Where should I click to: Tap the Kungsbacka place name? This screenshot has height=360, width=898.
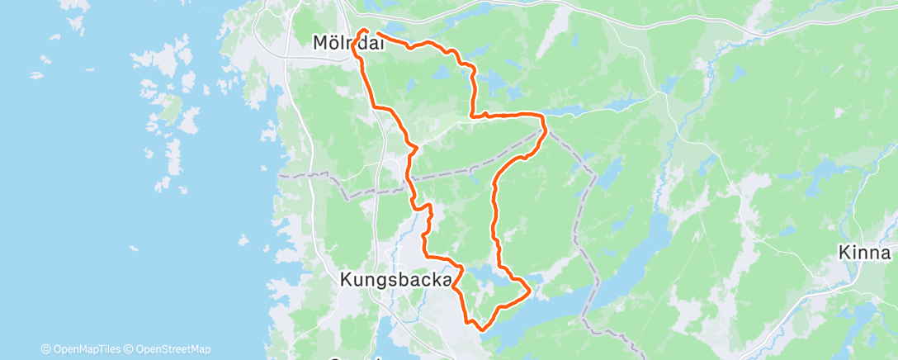(x=397, y=280)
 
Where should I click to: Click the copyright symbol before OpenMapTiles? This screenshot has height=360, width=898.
(x=45, y=349)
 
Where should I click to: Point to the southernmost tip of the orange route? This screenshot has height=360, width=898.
(x=482, y=329)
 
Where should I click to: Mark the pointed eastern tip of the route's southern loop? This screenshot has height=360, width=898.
(x=529, y=288)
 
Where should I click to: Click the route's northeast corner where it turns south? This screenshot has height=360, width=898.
(x=544, y=116)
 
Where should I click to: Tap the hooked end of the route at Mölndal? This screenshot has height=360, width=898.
(x=363, y=31)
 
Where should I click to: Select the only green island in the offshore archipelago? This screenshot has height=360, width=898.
(x=170, y=107)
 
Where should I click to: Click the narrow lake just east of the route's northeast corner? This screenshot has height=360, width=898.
(x=570, y=110)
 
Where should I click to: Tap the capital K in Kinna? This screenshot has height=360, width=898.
(x=844, y=253)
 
